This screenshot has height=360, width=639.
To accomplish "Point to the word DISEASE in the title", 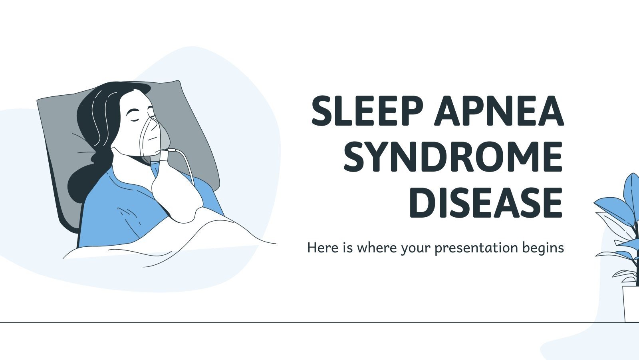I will click(x=486, y=204).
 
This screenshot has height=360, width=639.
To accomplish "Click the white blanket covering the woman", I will click(x=180, y=240).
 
